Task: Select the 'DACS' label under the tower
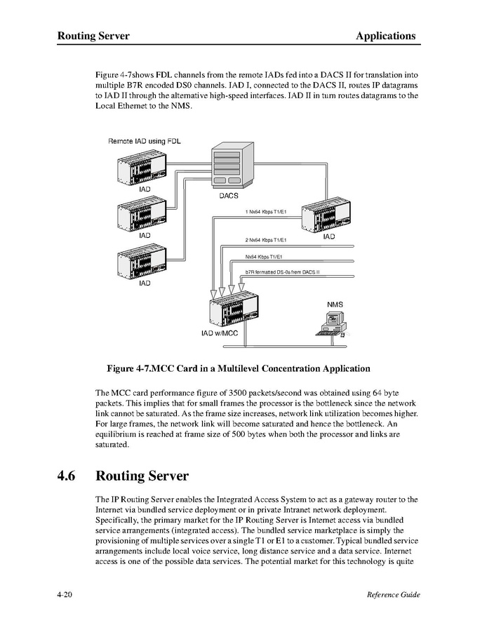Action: (x=229, y=196)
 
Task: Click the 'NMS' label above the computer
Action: (x=335, y=304)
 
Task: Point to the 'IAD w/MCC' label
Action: (x=220, y=334)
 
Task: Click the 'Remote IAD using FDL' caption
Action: (x=144, y=141)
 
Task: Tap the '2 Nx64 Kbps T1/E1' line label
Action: (x=266, y=240)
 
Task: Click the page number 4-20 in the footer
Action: (x=67, y=595)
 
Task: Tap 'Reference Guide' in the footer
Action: (x=393, y=595)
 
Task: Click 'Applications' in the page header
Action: (x=385, y=36)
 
